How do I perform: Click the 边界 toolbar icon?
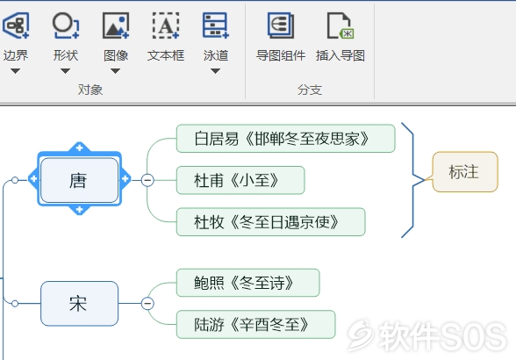pyautogui.click(x=16, y=25)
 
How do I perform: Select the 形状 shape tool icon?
pyautogui.click(x=66, y=25)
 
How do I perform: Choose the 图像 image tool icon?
pyautogui.click(x=116, y=25)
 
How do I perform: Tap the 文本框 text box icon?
pyautogui.click(x=166, y=25)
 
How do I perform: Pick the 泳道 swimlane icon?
pyautogui.click(x=216, y=25)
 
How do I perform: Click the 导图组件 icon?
pyautogui.click(x=281, y=25)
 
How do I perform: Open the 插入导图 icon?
pyautogui.click(x=340, y=25)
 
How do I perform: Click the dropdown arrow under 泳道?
pyautogui.click(x=215, y=71)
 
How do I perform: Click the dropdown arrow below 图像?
pyautogui.click(x=115, y=71)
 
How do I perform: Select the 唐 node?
pyautogui.click(x=79, y=180)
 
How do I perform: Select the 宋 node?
pyautogui.click(x=79, y=303)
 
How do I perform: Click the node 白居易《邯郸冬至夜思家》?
pyautogui.click(x=286, y=139)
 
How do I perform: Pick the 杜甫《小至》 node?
pyautogui.click(x=240, y=180)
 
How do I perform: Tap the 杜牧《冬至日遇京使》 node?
pyautogui.click(x=271, y=221)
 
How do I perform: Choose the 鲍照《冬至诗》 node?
pyautogui.click(x=247, y=283)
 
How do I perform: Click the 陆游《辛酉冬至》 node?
pyautogui.click(x=256, y=324)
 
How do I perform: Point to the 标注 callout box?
pyautogui.click(x=465, y=171)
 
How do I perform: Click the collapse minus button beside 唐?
pyautogui.click(x=147, y=180)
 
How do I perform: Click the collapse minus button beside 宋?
pyautogui.click(x=147, y=303)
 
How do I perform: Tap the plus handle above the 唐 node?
pyautogui.click(x=79, y=148)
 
